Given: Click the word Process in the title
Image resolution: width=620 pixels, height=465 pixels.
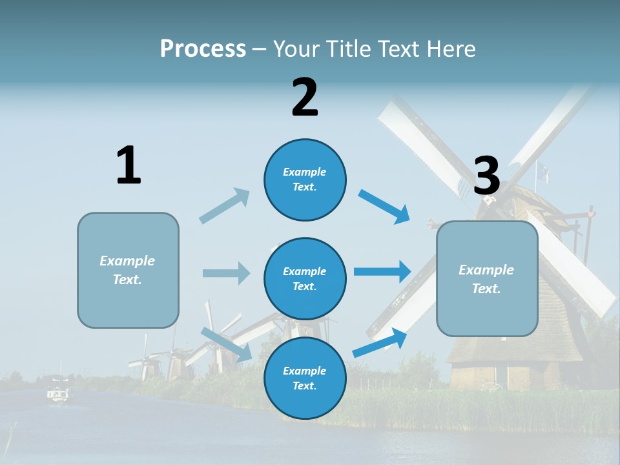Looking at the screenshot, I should coord(203,48).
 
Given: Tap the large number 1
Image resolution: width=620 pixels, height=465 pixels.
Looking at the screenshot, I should coord(129,166).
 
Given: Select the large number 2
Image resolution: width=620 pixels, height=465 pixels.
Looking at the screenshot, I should coord(305,98).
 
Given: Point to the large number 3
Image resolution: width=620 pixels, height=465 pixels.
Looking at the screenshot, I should coord(486,176).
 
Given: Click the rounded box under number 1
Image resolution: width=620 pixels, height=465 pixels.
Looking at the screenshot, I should coord(128,270).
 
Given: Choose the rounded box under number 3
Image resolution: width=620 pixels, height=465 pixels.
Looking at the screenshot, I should coord(487,278).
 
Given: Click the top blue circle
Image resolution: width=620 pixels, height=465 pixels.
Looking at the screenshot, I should coord(305,180).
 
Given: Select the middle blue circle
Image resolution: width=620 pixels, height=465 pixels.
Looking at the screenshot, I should coord(305,278).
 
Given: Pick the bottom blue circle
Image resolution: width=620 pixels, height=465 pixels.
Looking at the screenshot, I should coord(305,378).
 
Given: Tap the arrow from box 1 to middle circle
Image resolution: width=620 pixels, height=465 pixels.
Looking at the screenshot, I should coord(226,273).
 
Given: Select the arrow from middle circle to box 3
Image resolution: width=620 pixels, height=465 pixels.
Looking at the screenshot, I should coord(382,272).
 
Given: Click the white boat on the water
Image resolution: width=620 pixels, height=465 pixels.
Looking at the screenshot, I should coord(58,393).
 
